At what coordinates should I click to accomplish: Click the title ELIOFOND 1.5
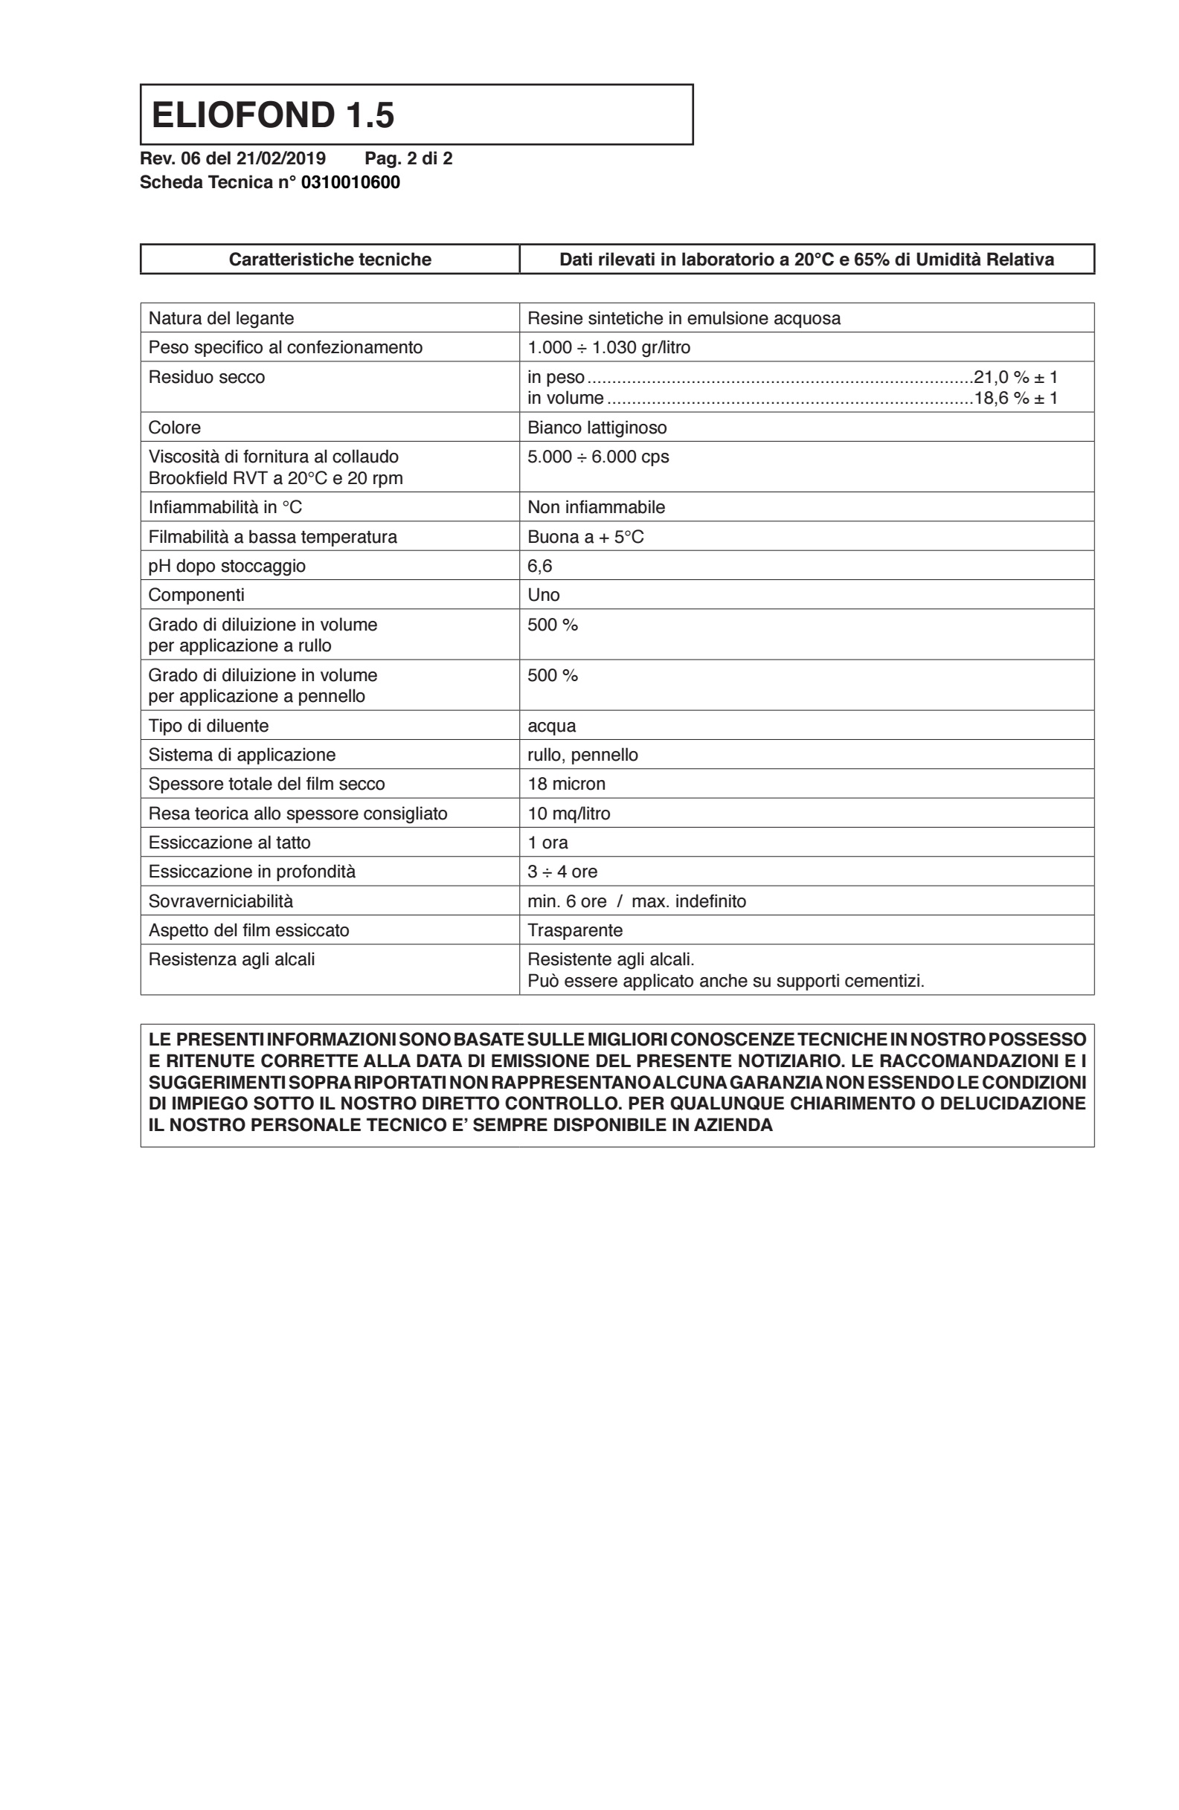[272, 115]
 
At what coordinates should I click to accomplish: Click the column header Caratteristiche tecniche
[330, 260]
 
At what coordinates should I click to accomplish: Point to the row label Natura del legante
[221, 318]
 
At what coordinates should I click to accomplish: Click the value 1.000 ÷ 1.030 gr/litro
[608, 347]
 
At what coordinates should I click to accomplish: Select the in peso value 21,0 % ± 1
[1015, 376]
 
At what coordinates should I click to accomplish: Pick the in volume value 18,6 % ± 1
[1015, 398]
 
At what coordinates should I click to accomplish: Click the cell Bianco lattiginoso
[597, 428]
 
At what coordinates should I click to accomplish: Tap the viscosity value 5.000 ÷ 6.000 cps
[598, 457]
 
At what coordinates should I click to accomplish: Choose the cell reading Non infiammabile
[596, 507]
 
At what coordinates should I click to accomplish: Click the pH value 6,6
[539, 566]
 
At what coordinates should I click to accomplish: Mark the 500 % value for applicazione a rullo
[552, 625]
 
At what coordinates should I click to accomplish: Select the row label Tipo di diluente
[208, 726]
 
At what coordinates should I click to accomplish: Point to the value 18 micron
[566, 784]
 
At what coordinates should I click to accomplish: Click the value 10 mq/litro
[568, 814]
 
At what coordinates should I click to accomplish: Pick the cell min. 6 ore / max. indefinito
[636, 901]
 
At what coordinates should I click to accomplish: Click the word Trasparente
[574, 930]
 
